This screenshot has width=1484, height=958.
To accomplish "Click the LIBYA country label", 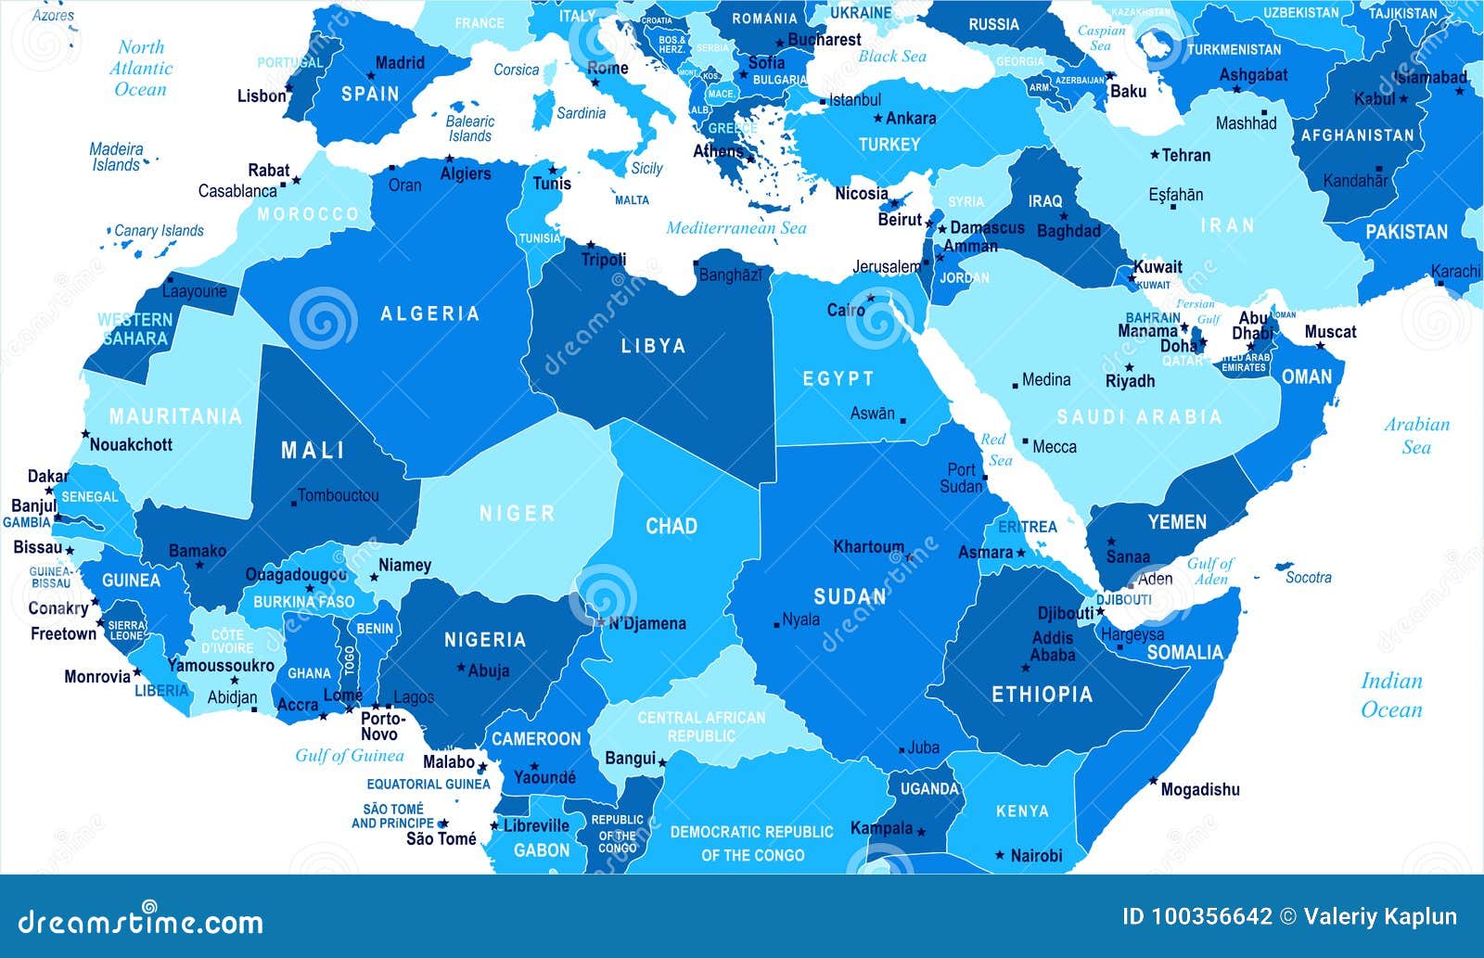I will click(653, 346).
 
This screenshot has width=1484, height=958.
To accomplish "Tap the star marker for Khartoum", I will click(909, 557).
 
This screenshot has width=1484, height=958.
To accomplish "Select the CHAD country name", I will click(671, 526).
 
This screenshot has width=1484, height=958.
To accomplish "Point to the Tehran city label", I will click(1186, 155).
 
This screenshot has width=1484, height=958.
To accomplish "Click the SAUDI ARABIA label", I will click(1139, 417).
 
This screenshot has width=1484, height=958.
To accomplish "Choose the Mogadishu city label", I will click(1200, 789).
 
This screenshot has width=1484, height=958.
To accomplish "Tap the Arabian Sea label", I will click(1416, 435).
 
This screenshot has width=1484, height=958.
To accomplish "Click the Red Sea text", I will click(994, 450).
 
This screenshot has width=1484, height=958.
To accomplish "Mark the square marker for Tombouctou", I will click(294, 503).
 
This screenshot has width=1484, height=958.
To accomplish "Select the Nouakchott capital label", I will click(131, 444).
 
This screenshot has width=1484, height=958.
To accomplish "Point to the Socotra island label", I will click(1308, 577).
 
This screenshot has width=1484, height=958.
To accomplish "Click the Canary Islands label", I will click(159, 230).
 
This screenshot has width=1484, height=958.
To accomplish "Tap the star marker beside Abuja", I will click(461, 667).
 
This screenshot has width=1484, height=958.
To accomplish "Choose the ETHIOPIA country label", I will click(1042, 694).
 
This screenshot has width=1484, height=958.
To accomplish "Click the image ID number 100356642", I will click(1211, 917).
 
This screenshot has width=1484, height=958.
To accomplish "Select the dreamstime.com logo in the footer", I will click(141, 921).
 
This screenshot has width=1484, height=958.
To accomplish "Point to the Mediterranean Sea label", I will click(736, 227).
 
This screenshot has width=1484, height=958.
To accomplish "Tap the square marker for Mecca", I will click(1025, 441).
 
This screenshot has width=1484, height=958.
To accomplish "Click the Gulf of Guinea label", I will click(350, 755).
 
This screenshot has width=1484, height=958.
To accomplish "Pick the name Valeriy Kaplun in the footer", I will click(1380, 917).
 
